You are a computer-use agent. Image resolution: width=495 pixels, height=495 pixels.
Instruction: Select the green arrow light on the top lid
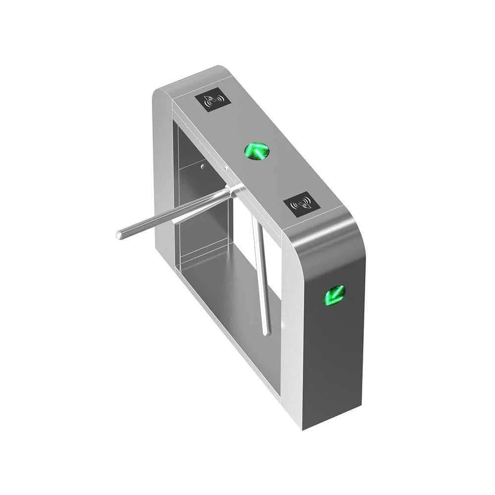256,150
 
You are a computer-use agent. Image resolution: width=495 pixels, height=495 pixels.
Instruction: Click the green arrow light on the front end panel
335,295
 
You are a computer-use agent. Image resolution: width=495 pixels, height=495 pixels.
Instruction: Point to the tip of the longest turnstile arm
119,235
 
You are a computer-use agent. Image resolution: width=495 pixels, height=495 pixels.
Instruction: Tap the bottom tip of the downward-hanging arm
267,333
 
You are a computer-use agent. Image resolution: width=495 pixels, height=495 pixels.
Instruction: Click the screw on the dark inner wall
202,167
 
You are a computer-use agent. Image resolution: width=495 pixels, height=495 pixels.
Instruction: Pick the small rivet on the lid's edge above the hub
226,169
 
